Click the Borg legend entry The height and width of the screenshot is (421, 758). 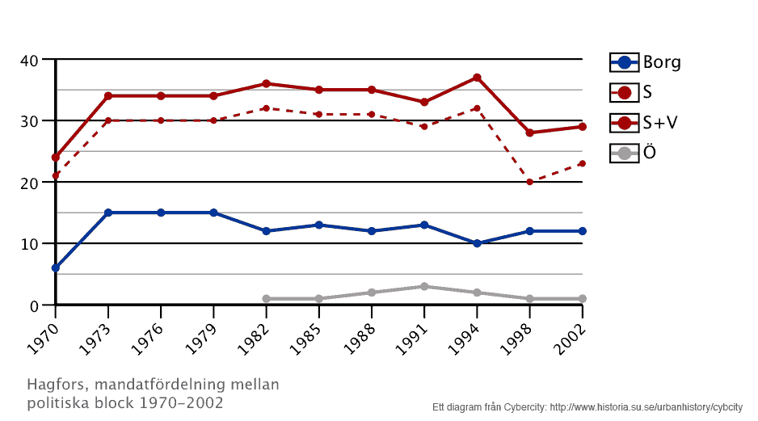(x=646, y=62)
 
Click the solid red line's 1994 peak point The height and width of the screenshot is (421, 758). (x=477, y=78)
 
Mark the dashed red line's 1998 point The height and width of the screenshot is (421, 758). (x=529, y=182)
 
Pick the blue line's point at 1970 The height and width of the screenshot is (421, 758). (x=55, y=267)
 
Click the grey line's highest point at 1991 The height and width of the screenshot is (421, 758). (x=424, y=286)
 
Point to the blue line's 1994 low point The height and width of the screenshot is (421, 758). (x=477, y=243)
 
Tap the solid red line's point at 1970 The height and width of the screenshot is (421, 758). (x=55, y=158)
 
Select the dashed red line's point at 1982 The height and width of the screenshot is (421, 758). (x=266, y=108)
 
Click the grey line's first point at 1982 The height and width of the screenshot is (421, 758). (x=266, y=299)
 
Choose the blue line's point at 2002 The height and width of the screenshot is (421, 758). (x=582, y=231)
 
